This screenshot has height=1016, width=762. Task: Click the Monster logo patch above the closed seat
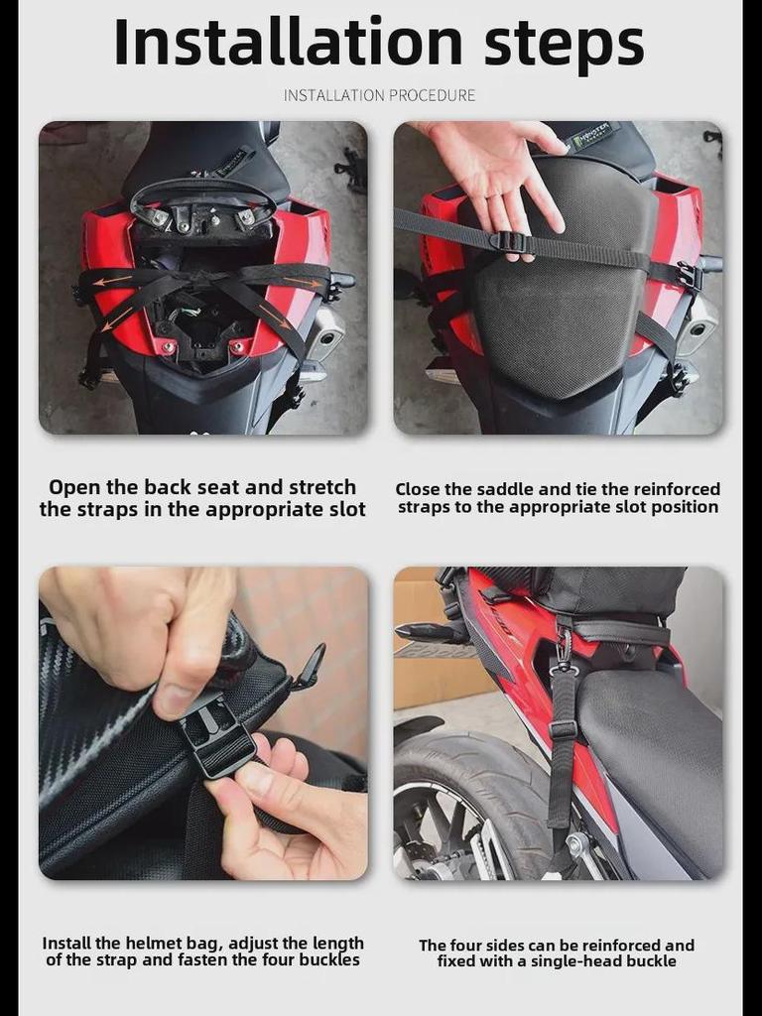(591, 135)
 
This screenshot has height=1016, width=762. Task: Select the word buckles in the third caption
(329, 960)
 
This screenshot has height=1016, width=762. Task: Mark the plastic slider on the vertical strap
(562, 728)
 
